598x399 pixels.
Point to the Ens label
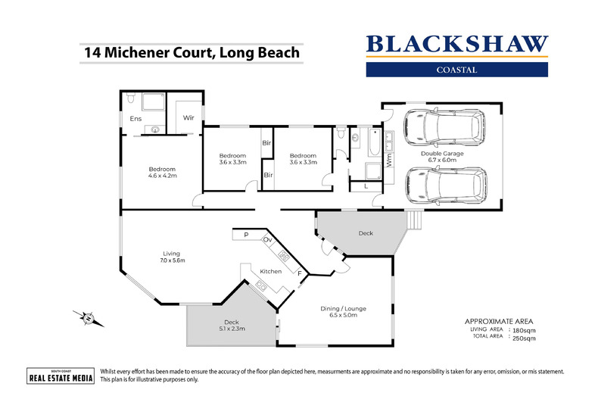point(136,119)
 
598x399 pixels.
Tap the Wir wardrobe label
point(188,118)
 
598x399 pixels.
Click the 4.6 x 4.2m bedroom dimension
point(162,176)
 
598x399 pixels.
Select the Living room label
point(172,254)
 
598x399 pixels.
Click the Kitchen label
point(270,271)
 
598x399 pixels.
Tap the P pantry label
point(246,235)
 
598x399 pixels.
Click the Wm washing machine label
point(389,161)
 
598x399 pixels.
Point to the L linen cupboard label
point(366,185)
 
